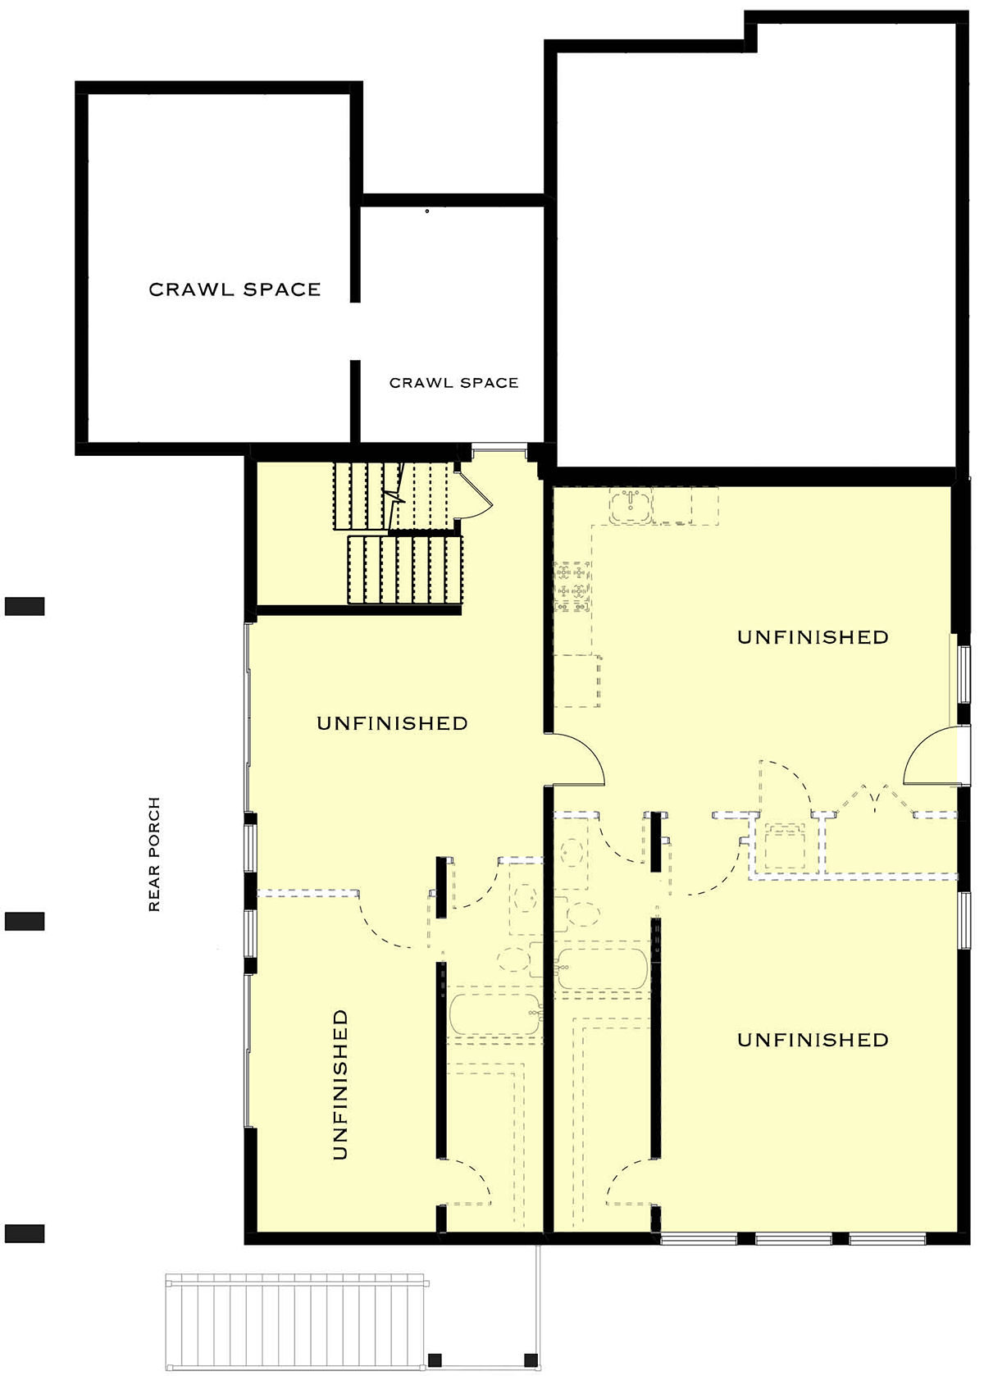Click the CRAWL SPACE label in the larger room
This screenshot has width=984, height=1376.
(x=235, y=289)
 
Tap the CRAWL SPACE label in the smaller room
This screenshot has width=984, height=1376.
(x=454, y=383)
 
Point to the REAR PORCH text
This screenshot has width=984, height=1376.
(x=154, y=854)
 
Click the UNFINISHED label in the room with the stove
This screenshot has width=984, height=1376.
(x=813, y=637)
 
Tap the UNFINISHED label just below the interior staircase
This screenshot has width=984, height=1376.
(x=392, y=723)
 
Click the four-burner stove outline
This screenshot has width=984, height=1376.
(x=572, y=586)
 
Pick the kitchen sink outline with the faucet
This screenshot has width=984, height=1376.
(x=631, y=506)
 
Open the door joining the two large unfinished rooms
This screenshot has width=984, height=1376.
(x=576, y=759)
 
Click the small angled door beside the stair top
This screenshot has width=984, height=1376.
(x=474, y=495)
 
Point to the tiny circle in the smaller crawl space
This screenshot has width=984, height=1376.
(x=427, y=212)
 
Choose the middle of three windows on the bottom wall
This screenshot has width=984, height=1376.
(x=794, y=1240)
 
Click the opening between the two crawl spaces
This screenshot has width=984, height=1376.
(x=355, y=331)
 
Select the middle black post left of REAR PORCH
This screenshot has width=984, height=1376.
(x=25, y=922)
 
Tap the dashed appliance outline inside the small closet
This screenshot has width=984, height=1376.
(x=785, y=848)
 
